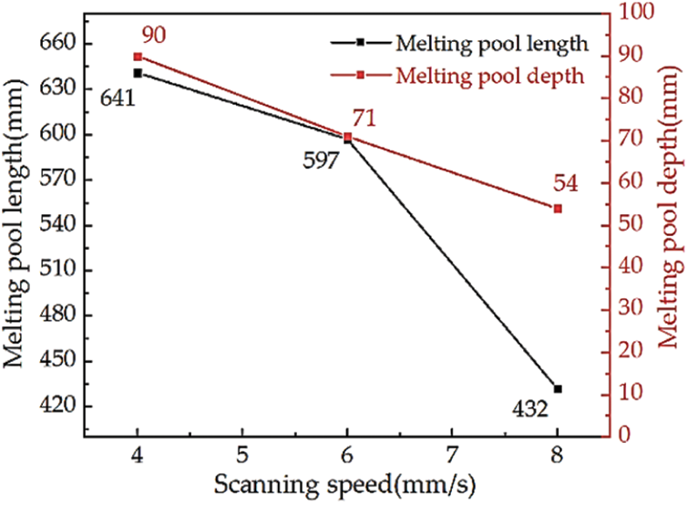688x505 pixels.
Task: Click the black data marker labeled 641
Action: (138, 73)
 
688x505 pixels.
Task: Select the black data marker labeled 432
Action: (558, 389)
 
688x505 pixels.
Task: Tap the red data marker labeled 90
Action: (138, 57)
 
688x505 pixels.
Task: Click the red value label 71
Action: (364, 118)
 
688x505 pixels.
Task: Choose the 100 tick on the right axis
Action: (639, 12)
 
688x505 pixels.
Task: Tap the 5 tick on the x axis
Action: (242, 453)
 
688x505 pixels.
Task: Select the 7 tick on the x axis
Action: (453, 453)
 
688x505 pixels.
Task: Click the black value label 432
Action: (529, 410)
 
